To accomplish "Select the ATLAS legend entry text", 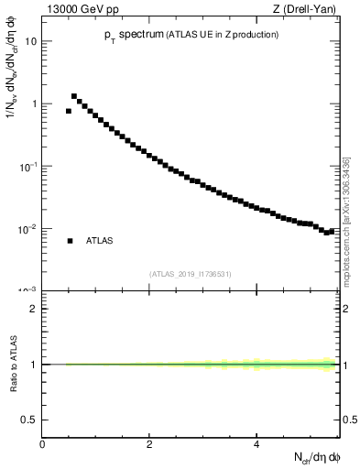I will pos(100,241).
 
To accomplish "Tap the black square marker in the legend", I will pos(70,241).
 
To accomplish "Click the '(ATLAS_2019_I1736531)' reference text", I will pos(191,274).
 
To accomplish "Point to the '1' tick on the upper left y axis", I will pos(34,104).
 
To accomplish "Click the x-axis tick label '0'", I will pos(42,444).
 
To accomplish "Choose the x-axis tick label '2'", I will pos(149,444).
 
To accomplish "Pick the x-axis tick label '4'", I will pos(256,444).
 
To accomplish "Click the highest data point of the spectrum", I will pos(74,96).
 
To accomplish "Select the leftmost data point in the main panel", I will pos(69,111).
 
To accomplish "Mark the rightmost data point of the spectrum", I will pos(333,231).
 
